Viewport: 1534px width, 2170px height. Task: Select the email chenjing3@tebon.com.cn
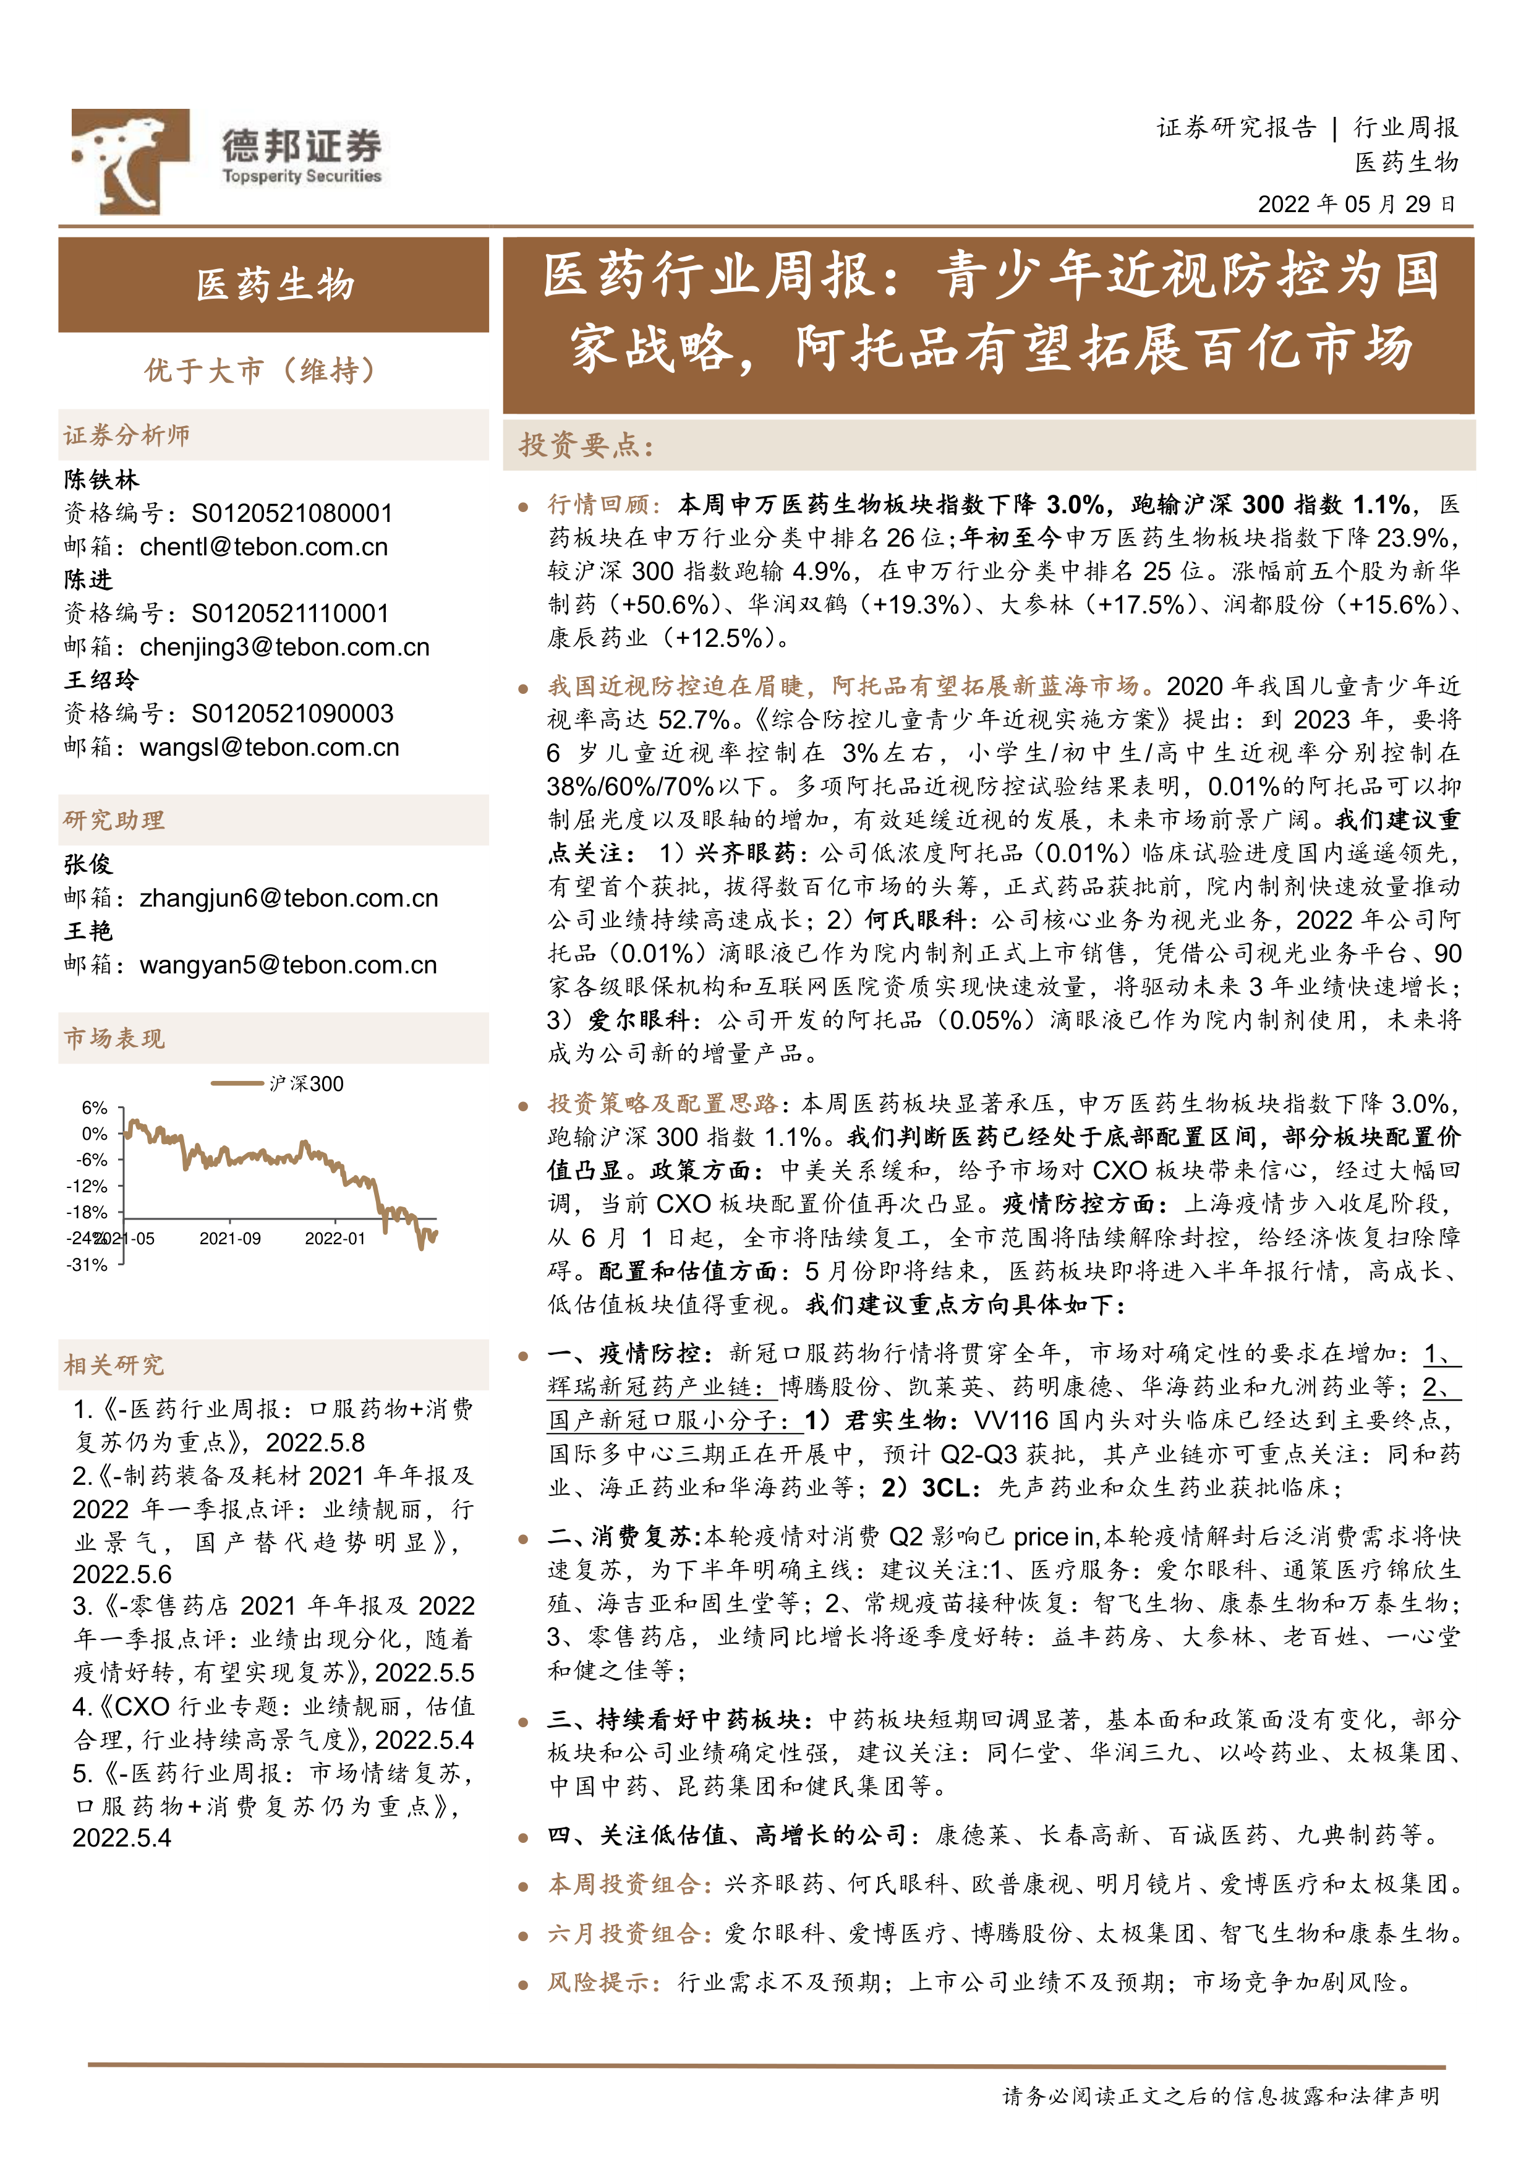point(284,647)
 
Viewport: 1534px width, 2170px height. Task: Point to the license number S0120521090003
point(292,714)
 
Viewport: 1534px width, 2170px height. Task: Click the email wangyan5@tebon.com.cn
point(288,965)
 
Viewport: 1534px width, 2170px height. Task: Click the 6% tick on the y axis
point(95,1108)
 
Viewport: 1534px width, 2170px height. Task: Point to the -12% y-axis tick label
point(88,1186)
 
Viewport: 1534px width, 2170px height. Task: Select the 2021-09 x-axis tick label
point(229,1238)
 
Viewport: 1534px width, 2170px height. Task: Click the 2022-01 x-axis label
point(334,1238)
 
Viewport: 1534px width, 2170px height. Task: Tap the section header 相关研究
point(113,1365)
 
